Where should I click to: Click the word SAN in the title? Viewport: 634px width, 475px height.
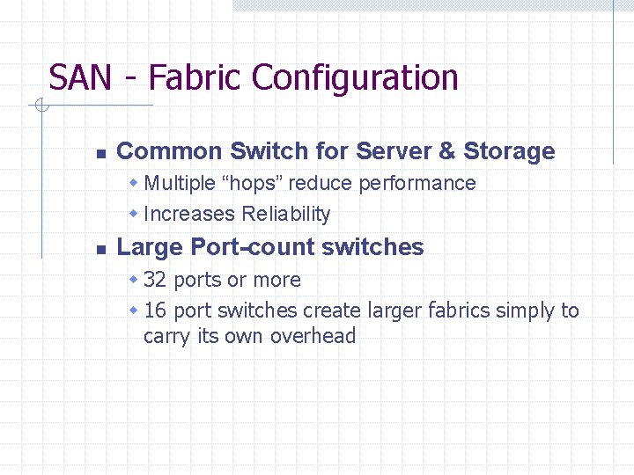[x=80, y=78]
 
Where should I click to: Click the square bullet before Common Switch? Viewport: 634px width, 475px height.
[x=100, y=153]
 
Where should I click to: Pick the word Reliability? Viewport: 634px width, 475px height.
[x=286, y=214]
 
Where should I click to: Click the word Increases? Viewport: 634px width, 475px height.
[x=189, y=214]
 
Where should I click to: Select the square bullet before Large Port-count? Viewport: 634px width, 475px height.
[x=100, y=249]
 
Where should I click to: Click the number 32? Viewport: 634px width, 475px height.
[x=155, y=280]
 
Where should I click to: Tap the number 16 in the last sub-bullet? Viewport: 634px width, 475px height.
[x=155, y=311]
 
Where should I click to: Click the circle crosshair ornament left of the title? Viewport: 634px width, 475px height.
[x=41, y=106]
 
